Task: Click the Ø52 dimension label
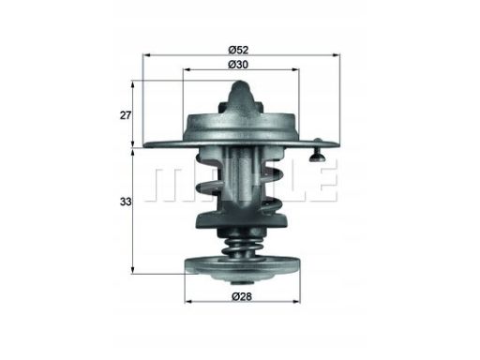coord(238,50)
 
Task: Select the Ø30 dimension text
coord(238,65)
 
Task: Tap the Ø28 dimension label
coord(242,296)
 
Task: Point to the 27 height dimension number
coord(126,115)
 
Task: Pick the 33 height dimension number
coord(126,202)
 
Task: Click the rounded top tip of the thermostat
coord(240,85)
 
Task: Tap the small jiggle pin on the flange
coord(318,150)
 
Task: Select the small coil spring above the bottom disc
coord(241,247)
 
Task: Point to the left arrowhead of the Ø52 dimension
coord(147,55)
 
